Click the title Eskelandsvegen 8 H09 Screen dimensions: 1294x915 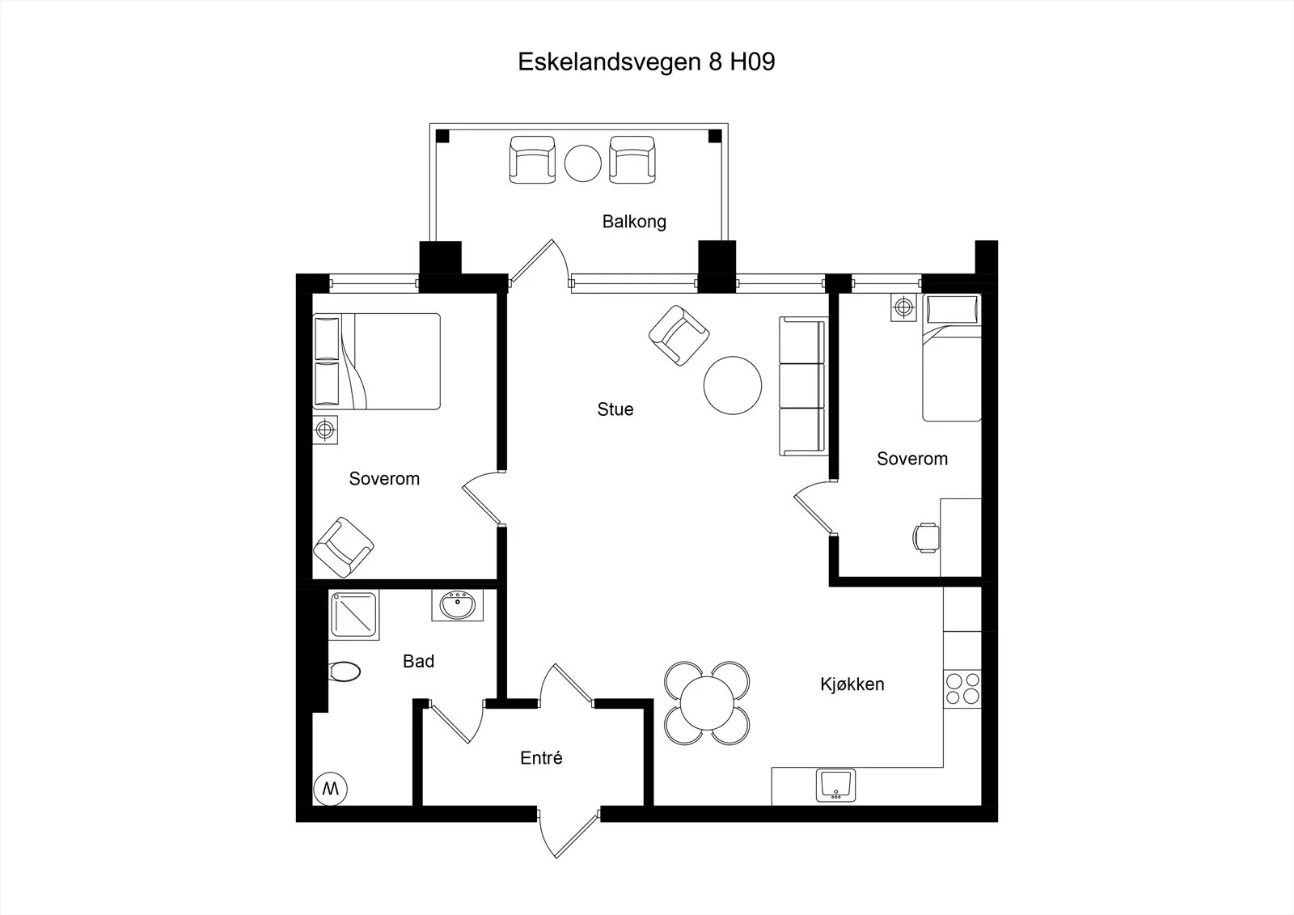pyautogui.click(x=646, y=62)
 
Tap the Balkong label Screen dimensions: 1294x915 pyautogui.click(x=634, y=222)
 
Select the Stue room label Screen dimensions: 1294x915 pyautogui.click(x=615, y=409)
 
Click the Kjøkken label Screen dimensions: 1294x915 pyautogui.click(x=852, y=684)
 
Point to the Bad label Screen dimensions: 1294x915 pyautogui.click(x=418, y=661)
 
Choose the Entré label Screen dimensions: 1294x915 pyautogui.click(x=541, y=758)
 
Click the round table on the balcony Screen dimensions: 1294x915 pyautogui.click(x=583, y=163)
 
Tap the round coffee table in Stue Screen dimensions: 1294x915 pyautogui.click(x=733, y=385)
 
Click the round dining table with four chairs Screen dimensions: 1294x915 pyautogui.click(x=707, y=703)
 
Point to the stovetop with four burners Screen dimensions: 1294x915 pyautogui.click(x=962, y=688)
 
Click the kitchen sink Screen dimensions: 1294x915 pyautogui.click(x=835, y=785)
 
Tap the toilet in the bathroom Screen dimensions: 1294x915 pyautogui.click(x=345, y=671)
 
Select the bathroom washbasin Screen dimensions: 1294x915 pyautogui.click(x=458, y=606)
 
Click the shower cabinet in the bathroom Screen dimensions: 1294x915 pyautogui.click(x=353, y=615)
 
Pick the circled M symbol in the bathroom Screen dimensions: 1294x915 pyautogui.click(x=331, y=789)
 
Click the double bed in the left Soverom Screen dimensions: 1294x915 pyautogui.click(x=377, y=362)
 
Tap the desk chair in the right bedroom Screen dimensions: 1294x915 pyautogui.click(x=926, y=537)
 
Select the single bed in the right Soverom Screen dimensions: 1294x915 pyautogui.click(x=952, y=358)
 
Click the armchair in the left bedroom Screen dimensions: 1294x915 pyautogui.click(x=343, y=548)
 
